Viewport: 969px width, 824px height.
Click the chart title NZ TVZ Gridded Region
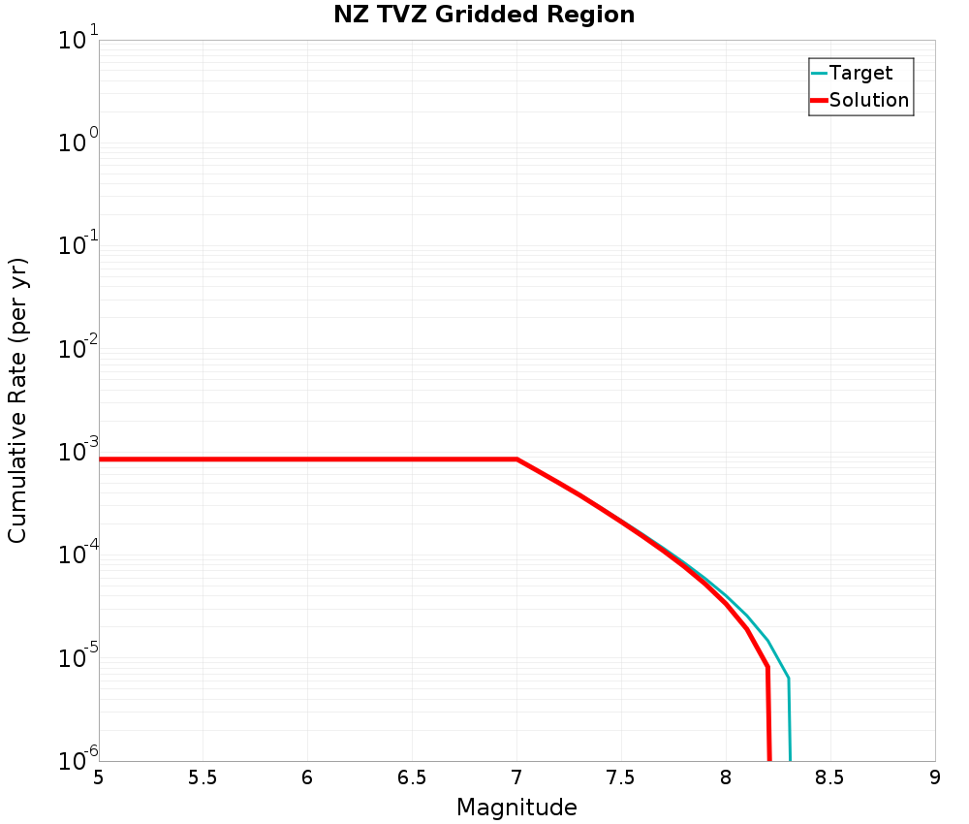(484, 16)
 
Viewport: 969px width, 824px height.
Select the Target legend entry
(860, 73)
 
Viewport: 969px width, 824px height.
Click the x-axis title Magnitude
(516, 808)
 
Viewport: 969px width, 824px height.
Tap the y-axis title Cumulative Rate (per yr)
(17, 400)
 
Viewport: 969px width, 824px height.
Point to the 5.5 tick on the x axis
(203, 777)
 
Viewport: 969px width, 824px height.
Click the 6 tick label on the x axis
(307, 777)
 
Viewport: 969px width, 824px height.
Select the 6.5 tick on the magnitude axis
(412, 777)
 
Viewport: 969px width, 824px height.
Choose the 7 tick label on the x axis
(516, 777)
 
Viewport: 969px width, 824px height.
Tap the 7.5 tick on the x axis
(621, 777)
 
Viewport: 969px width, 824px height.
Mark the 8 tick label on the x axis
(726, 777)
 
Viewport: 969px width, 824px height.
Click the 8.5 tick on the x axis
(830, 777)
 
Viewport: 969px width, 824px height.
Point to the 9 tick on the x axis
(935, 777)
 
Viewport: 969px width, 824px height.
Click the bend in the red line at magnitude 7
(516, 460)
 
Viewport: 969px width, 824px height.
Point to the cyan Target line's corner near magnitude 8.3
(789, 678)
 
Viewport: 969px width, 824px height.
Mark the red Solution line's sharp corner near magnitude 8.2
(767, 667)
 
